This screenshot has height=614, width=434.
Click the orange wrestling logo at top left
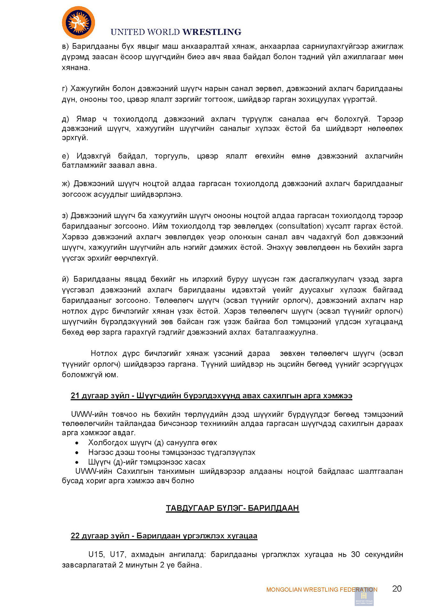pyautogui.click(x=78, y=23)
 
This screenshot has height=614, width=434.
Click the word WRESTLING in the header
pyautogui.click(x=212, y=32)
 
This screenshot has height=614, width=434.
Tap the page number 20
pyautogui.click(x=397, y=589)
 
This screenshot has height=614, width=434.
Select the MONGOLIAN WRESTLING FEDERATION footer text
pyautogui.click(x=321, y=589)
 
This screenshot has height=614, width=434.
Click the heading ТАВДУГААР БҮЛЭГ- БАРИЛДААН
pyautogui.click(x=232, y=508)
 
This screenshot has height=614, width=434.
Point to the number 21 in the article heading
pyautogui.click(x=75, y=396)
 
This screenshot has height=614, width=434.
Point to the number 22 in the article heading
pyautogui.click(x=75, y=536)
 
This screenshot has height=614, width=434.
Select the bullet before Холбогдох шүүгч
pyautogui.click(x=77, y=443)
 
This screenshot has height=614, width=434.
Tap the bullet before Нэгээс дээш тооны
pyautogui.click(x=77, y=453)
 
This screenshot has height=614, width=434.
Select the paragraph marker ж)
pyautogui.click(x=66, y=184)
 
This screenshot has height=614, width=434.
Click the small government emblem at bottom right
pyautogui.click(x=364, y=597)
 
